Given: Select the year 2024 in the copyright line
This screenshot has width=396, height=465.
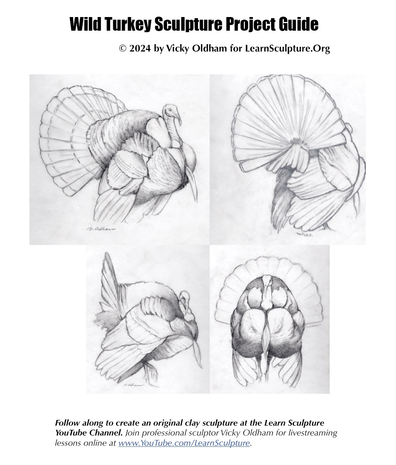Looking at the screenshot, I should tap(140, 49).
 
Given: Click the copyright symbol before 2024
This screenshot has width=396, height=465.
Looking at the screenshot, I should tap(123, 49).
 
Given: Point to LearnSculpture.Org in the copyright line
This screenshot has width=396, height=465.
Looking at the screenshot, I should tap(287, 49).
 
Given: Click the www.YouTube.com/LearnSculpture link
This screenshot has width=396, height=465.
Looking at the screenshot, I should tap(184, 443).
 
